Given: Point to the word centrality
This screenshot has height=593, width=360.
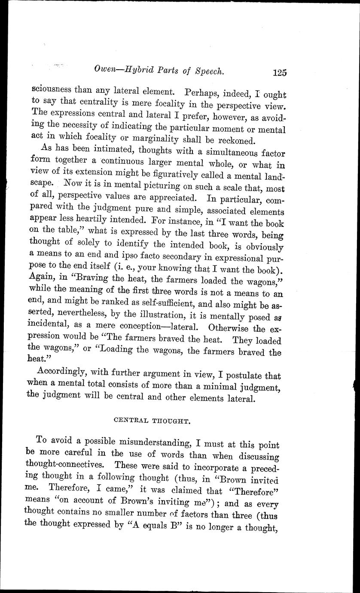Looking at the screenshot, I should pyautogui.click(x=82, y=103).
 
